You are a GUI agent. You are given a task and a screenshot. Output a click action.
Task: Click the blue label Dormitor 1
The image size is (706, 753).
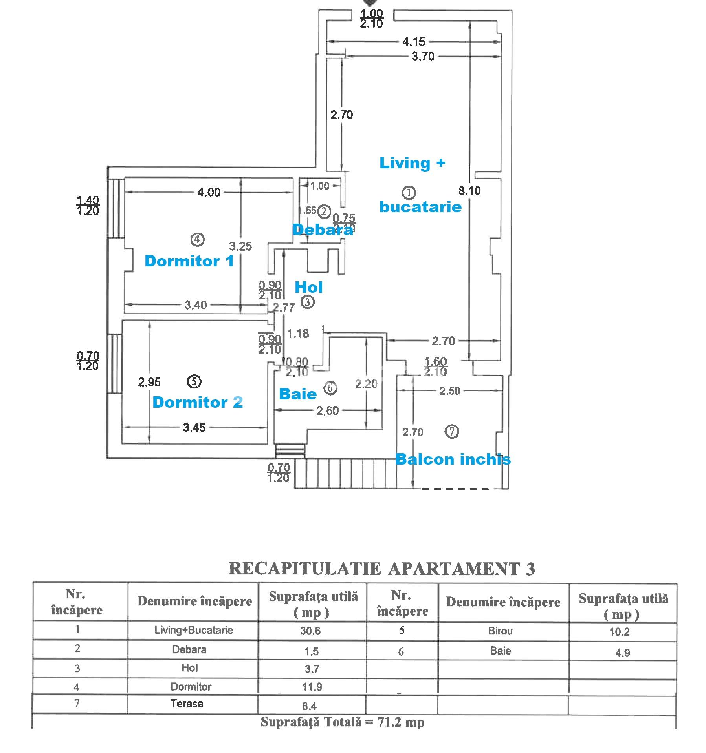[189, 261]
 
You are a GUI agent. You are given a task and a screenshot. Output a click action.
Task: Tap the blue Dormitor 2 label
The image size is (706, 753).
[197, 402]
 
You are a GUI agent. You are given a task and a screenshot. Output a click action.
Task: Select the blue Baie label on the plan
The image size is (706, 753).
[297, 394]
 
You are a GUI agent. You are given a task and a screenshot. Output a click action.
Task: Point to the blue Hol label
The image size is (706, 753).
[308, 287]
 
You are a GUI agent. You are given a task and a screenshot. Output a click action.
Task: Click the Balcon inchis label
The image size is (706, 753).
[453, 459]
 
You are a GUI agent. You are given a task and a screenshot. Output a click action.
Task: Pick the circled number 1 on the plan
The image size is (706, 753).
[409, 193]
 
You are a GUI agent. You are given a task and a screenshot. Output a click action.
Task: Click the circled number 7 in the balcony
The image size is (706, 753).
[451, 432]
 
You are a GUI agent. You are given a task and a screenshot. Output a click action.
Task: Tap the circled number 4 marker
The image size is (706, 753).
[197, 239]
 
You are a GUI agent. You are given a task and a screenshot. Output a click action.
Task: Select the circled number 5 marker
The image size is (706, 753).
[194, 381]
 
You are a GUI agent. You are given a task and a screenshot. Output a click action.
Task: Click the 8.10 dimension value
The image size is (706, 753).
[469, 191]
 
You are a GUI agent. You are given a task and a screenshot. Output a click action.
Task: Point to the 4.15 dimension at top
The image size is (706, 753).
[414, 42]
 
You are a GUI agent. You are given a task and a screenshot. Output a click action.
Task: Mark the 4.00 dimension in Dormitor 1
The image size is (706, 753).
[209, 192]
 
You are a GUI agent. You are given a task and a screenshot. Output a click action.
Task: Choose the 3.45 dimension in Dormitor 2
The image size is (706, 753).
[194, 427]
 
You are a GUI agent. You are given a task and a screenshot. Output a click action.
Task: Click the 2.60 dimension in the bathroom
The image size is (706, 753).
[327, 411]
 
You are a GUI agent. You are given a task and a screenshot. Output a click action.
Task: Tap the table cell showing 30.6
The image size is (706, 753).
[310, 631]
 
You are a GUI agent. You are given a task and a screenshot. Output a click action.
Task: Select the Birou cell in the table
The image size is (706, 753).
[500, 631]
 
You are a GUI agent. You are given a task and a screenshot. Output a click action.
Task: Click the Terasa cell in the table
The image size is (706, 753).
[187, 704]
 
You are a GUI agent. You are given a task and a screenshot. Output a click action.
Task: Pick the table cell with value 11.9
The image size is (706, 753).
[312, 687]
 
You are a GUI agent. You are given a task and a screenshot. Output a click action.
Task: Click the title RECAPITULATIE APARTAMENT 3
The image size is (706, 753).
[381, 569]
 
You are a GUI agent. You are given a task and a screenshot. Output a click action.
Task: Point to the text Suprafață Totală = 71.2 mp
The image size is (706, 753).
[342, 722]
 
